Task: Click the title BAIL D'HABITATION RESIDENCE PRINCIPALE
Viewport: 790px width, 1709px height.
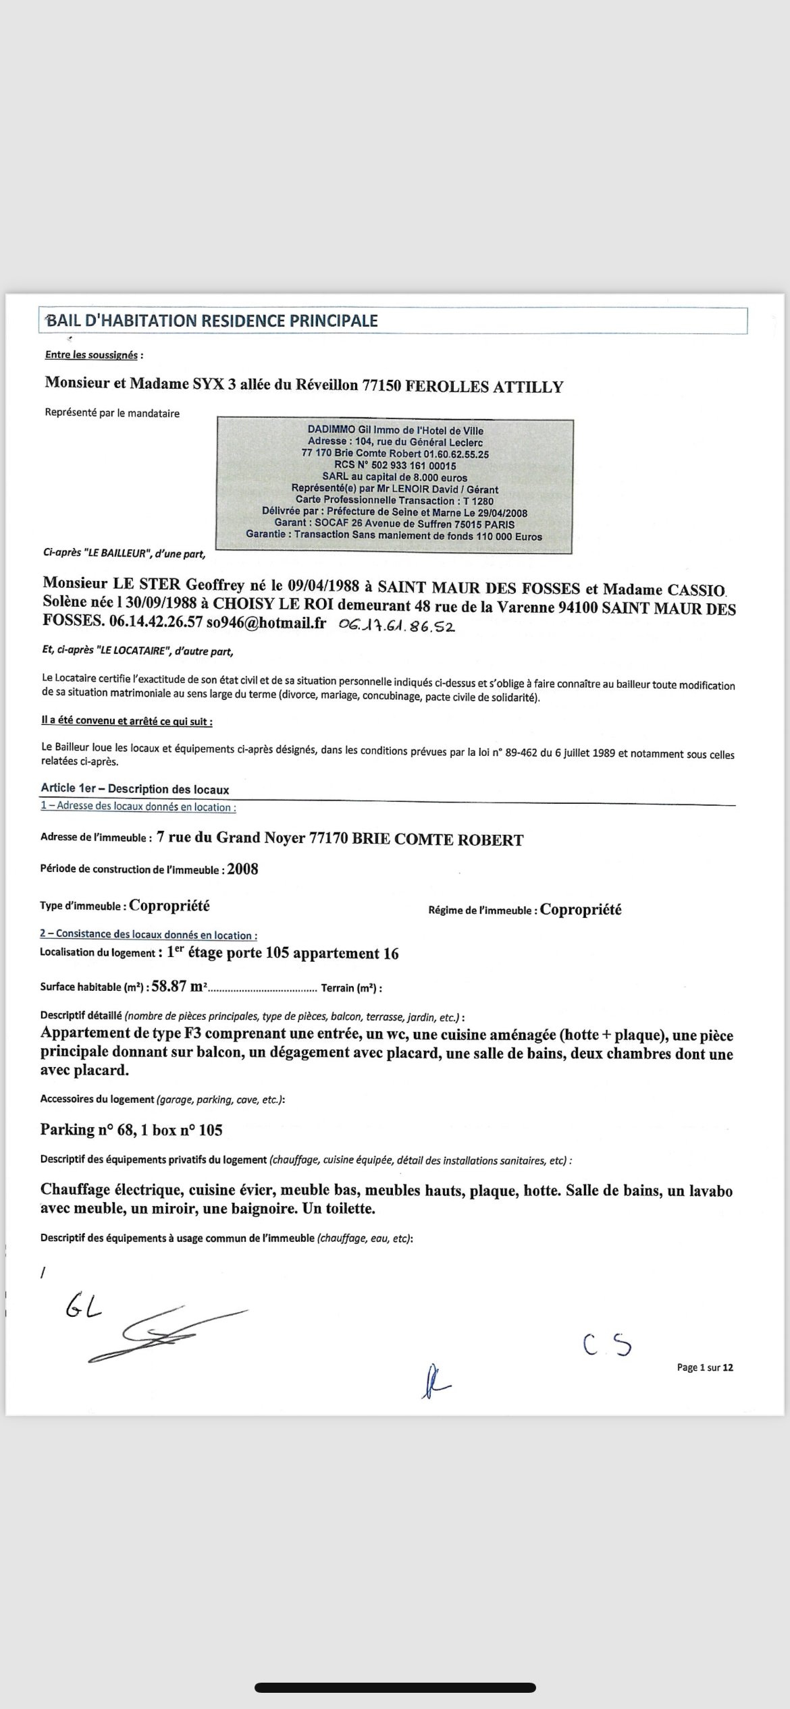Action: [212, 321]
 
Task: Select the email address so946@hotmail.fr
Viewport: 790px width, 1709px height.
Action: [266, 622]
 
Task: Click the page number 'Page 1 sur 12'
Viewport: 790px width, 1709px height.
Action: [704, 1367]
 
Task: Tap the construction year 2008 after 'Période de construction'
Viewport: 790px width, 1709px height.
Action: [242, 869]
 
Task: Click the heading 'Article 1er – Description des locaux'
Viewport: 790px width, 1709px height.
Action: [135, 788]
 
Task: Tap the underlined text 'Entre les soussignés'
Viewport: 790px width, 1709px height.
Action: [91, 355]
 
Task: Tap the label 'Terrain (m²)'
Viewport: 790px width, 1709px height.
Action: [349, 988]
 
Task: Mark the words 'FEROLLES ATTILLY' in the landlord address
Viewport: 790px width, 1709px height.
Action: [484, 387]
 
